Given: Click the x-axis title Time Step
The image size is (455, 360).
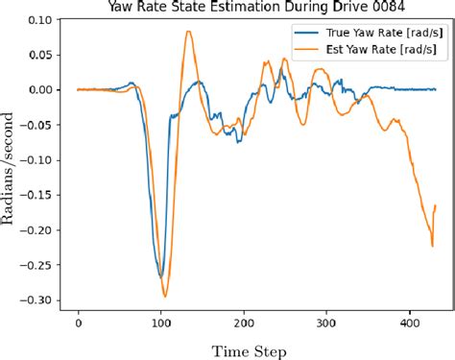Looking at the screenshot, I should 251,348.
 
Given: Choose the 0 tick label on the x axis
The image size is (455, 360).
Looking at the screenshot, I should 79,324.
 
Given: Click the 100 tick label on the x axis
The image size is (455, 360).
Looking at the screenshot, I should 161,324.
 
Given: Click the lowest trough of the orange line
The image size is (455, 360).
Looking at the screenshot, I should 165,297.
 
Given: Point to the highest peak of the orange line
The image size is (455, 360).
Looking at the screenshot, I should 188,32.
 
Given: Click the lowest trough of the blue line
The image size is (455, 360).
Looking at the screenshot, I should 160,276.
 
